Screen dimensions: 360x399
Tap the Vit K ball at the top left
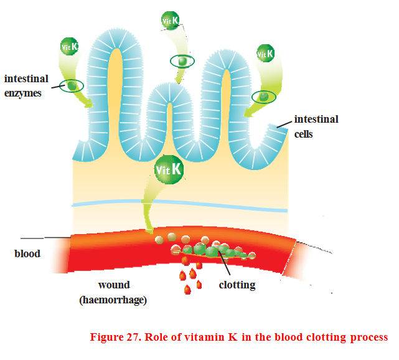tap(69, 45)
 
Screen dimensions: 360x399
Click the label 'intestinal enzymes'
tap(27, 86)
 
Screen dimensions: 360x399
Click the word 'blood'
tap(27, 253)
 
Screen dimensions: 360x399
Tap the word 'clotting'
tap(237, 285)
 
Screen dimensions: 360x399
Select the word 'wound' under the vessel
tap(114, 285)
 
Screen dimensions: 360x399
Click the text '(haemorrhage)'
tap(114, 300)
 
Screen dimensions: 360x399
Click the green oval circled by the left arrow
tap(72, 85)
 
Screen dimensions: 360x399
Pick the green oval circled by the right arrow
tap(265, 97)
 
